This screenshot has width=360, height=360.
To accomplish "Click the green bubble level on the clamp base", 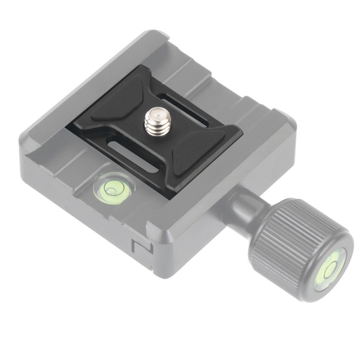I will pyautogui.click(x=113, y=189).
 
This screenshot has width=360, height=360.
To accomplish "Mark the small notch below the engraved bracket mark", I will pyautogui.click(x=152, y=271).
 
